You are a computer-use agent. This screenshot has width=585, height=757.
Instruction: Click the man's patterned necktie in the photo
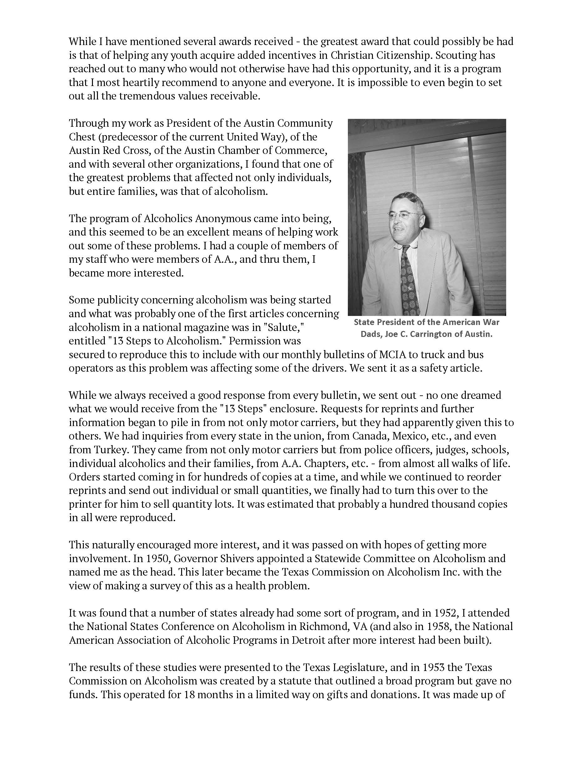(409, 277)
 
